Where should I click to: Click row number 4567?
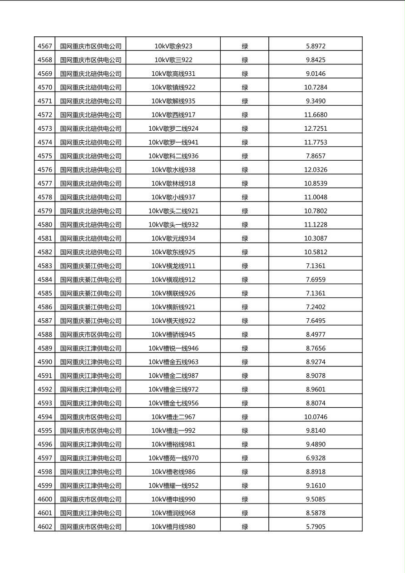click(45, 46)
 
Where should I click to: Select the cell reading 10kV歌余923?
click(173, 46)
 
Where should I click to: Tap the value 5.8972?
click(316, 46)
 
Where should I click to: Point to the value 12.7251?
click(316, 128)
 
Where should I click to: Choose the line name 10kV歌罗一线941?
click(173, 142)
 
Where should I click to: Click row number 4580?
click(45, 224)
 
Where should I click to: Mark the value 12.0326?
click(316, 169)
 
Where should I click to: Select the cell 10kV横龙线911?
click(173, 266)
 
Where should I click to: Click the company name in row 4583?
click(91, 266)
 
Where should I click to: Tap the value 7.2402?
click(316, 307)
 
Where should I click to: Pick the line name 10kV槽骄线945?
click(173, 334)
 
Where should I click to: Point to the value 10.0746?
click(316, 417)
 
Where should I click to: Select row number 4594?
click(45, 417)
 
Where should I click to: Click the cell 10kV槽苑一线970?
click(173, 458)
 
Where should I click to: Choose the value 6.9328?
click(316, 458)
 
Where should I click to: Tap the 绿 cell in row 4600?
click(245, 499)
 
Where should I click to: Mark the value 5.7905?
click(316, 527)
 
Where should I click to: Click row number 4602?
click(45, 527)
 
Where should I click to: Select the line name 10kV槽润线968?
click(173, 513)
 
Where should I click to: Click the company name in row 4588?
click(91, 334)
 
